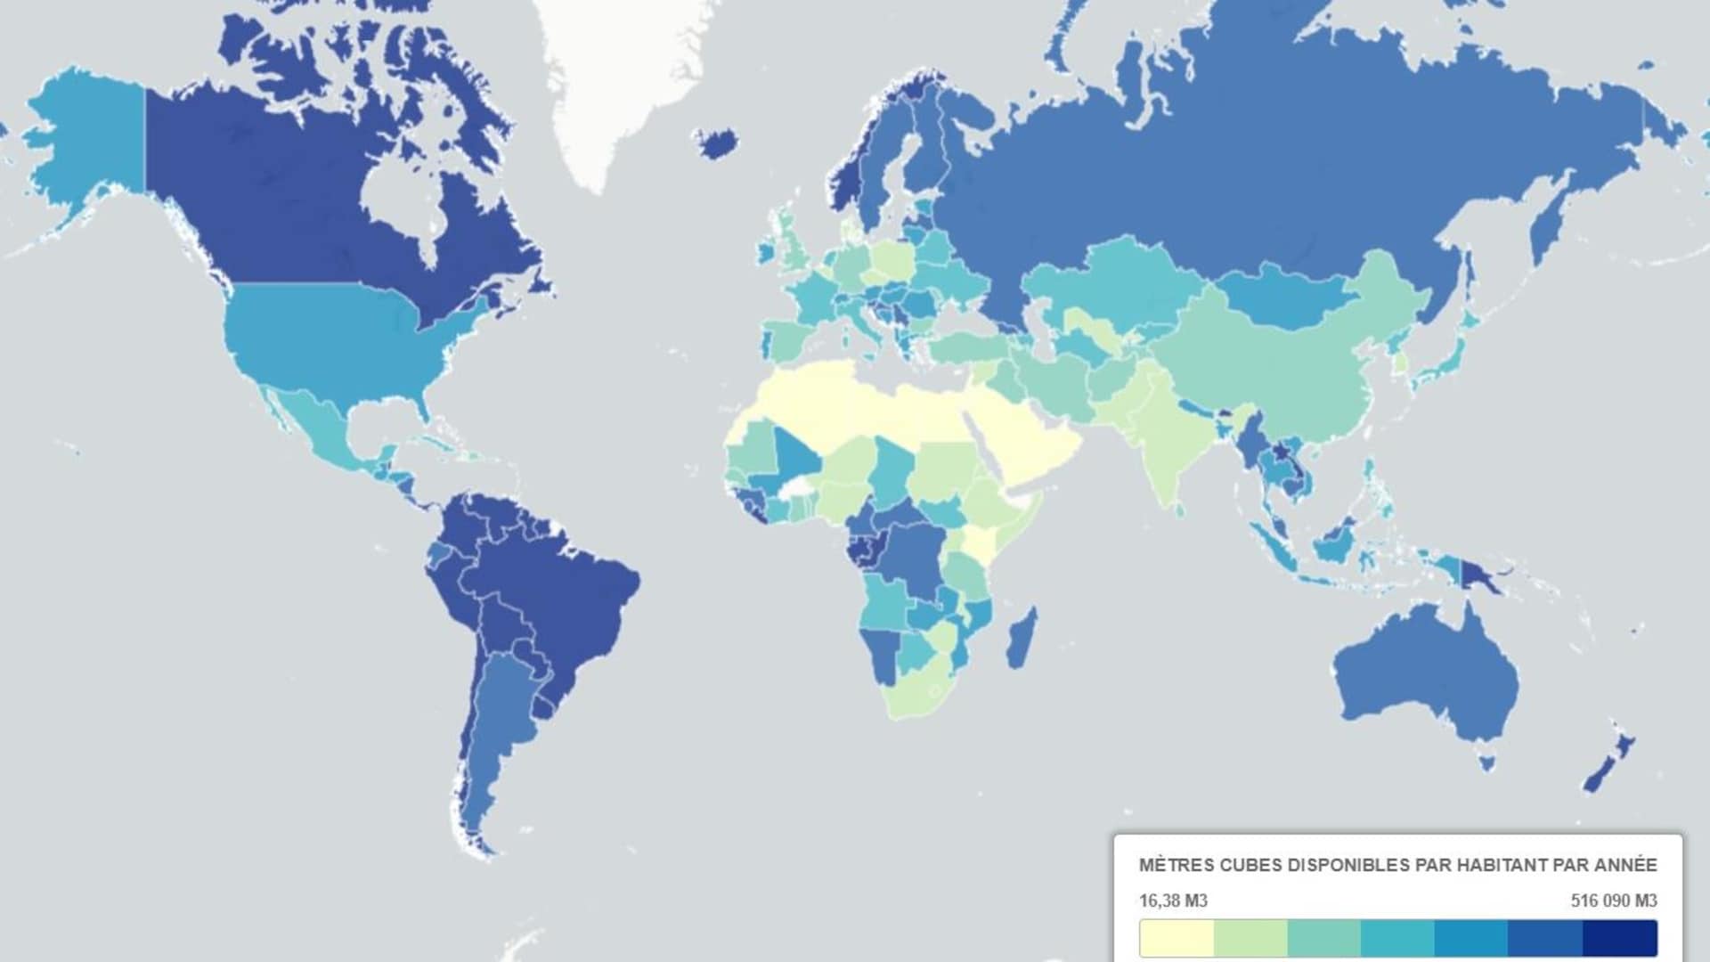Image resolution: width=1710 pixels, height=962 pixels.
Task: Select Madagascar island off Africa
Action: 1022,638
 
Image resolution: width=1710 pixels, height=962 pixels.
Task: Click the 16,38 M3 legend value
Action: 1173,901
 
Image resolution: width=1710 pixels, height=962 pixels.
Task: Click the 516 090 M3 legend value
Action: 1613,901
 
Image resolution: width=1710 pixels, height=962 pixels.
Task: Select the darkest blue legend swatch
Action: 1619,939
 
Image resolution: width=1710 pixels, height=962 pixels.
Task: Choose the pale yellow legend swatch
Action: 1177,939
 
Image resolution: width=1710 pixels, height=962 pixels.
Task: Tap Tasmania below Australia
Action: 1486,762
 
